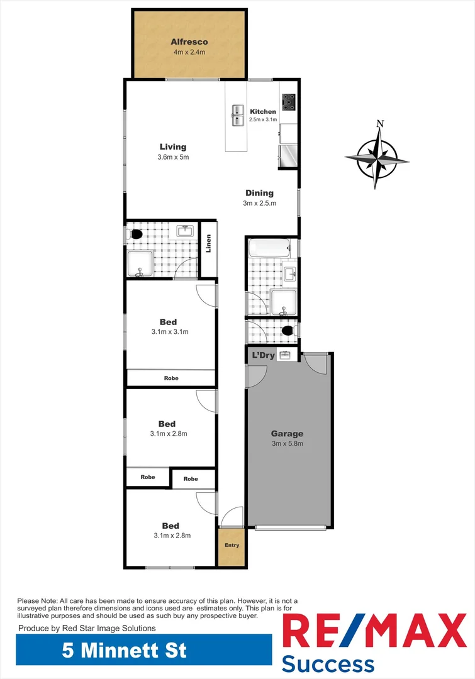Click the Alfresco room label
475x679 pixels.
coord(189,42)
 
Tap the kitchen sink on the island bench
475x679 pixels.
coord(237,115)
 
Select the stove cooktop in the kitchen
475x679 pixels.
coord(289,101)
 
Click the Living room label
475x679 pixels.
coord(172,147)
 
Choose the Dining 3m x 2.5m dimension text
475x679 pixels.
coord(260,203)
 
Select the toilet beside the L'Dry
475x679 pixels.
coord(288,330)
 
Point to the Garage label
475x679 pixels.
coord(287,433)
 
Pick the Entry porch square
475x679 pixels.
coord(232,545)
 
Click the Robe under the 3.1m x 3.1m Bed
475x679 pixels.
coord(171,378)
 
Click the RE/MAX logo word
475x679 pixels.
coord(374,632)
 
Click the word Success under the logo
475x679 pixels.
coord(327,664)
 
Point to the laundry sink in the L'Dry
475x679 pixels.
coord(285,356)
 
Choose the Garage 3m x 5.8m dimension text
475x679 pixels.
coord(287,443)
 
